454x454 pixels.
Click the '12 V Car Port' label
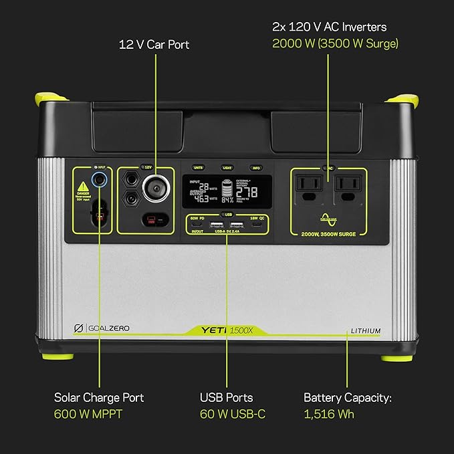[154, 45]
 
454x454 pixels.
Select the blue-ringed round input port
[100, 179]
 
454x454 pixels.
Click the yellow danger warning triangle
[84, 188]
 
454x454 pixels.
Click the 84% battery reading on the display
[227, 200]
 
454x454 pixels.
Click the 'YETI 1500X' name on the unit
[228, 329]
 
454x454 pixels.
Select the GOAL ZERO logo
[101, 328]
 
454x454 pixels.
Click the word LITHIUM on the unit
[366, 330]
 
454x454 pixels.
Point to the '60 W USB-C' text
[233, 414]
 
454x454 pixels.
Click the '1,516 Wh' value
[329, 414]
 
